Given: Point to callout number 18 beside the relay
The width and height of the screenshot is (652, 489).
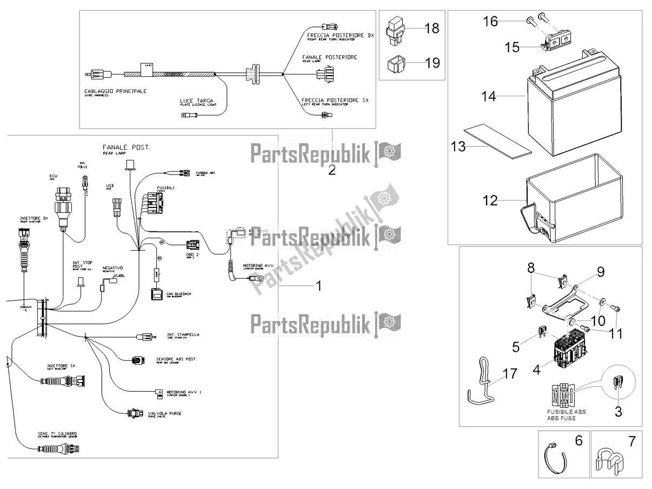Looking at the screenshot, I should [432, 29].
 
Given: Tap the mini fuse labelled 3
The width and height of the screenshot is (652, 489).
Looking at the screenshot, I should [617, 385].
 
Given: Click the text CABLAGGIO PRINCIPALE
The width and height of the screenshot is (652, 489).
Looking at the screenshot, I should [115, 91].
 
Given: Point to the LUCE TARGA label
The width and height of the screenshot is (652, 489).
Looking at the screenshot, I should [195, 101].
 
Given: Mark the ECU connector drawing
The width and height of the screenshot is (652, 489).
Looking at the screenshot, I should [64, 203].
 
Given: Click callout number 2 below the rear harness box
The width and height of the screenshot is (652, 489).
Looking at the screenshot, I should [331, 170].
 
